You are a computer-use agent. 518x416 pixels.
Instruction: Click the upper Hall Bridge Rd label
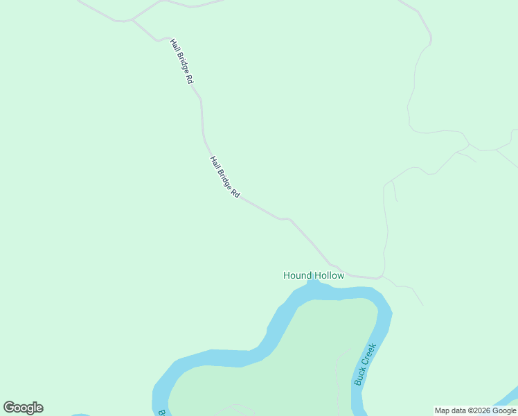tap(181, 61)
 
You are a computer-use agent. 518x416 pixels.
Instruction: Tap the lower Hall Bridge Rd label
tap(225, 178)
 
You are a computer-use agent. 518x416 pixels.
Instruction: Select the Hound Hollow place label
tap(314, 275)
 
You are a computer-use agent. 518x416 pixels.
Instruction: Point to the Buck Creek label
tap(364, 364)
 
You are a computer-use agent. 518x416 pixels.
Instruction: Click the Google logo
tap(23, 408)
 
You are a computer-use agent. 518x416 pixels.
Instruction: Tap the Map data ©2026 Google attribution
tap(476, 410)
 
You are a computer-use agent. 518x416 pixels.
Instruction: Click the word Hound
tap(297, 275)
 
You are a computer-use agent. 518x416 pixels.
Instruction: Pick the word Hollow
tap(328, 275)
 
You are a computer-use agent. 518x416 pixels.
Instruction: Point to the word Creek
tap(369, 354)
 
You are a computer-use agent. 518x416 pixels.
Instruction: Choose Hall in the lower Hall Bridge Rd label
tap(215, 163)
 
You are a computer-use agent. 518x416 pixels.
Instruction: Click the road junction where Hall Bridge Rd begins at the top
tap(131, 20)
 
